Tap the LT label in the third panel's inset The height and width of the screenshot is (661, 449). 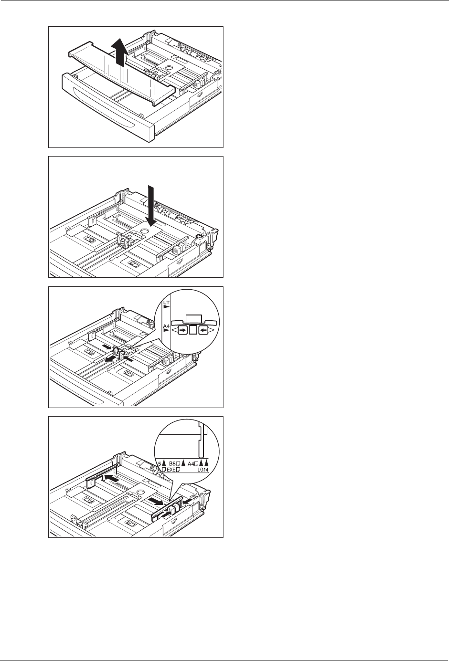[x=166, y=303]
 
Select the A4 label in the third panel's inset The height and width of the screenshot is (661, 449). [x=166, y=326]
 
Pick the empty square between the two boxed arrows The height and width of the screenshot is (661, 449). [x=193, y=330]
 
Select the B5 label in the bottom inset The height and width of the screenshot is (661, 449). [x=172, y=463]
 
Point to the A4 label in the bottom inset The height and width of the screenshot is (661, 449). [x=191, y=463]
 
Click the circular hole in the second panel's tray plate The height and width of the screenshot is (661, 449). [x=144, y=231]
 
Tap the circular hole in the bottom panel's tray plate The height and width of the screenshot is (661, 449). [x=140, y=492]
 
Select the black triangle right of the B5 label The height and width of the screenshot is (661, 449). [x=183, y=463]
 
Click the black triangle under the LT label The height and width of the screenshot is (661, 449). [x=167, y=307]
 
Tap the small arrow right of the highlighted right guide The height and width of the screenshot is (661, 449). [x=186, y=501]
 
